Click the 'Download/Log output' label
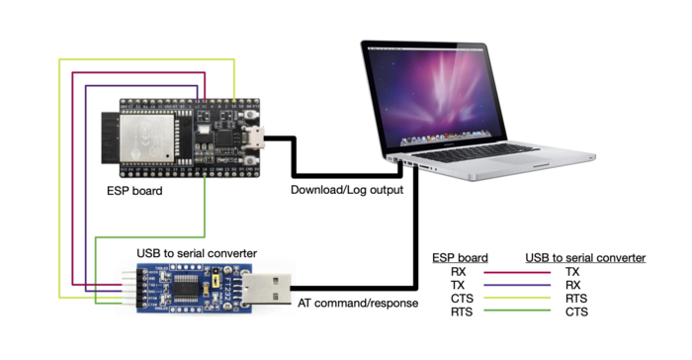pos(346,189)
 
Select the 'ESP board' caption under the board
pos(135,190)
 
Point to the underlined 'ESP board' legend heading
pos(461,256)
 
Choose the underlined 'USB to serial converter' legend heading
pos(585,256)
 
